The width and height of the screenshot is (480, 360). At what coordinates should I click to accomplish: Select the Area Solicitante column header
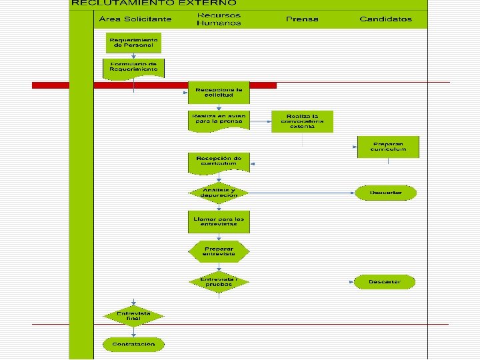click(135, 19)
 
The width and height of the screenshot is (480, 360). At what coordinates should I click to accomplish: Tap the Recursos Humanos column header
click(219, 19)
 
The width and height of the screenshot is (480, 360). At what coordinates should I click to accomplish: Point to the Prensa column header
click(302, 19)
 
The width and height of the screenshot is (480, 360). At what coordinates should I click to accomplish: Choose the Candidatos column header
click(385, 19)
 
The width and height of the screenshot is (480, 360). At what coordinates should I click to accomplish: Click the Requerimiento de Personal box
click(134, 43)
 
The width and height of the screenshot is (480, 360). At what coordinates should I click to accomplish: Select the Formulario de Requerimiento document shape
click(134, 67)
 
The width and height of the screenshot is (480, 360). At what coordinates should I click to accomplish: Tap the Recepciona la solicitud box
click(219, 92)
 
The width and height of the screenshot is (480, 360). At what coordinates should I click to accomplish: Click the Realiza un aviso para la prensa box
click(219, 119)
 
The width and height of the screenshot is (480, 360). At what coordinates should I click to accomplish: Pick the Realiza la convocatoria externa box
click(302, 121)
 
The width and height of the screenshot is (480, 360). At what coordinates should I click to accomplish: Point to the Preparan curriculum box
click(388, 147)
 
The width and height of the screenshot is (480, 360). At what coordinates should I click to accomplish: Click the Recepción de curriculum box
click(219, 161)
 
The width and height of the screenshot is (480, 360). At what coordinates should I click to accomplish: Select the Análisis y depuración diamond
click(219, 193)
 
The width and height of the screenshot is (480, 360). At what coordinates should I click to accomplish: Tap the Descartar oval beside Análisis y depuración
click(386, 193)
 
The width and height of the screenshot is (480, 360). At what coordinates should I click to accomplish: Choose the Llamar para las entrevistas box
click(219, 222)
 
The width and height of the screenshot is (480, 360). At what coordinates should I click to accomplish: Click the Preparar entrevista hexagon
click(219, 251)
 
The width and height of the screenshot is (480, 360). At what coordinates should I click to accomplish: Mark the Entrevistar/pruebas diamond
click(219, 281)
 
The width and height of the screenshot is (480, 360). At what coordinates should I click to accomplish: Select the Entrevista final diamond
click(133, 316)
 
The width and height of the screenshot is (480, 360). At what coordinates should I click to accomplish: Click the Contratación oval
click(133, 344)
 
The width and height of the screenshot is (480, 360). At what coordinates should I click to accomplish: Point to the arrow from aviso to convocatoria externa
click(260, 121)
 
